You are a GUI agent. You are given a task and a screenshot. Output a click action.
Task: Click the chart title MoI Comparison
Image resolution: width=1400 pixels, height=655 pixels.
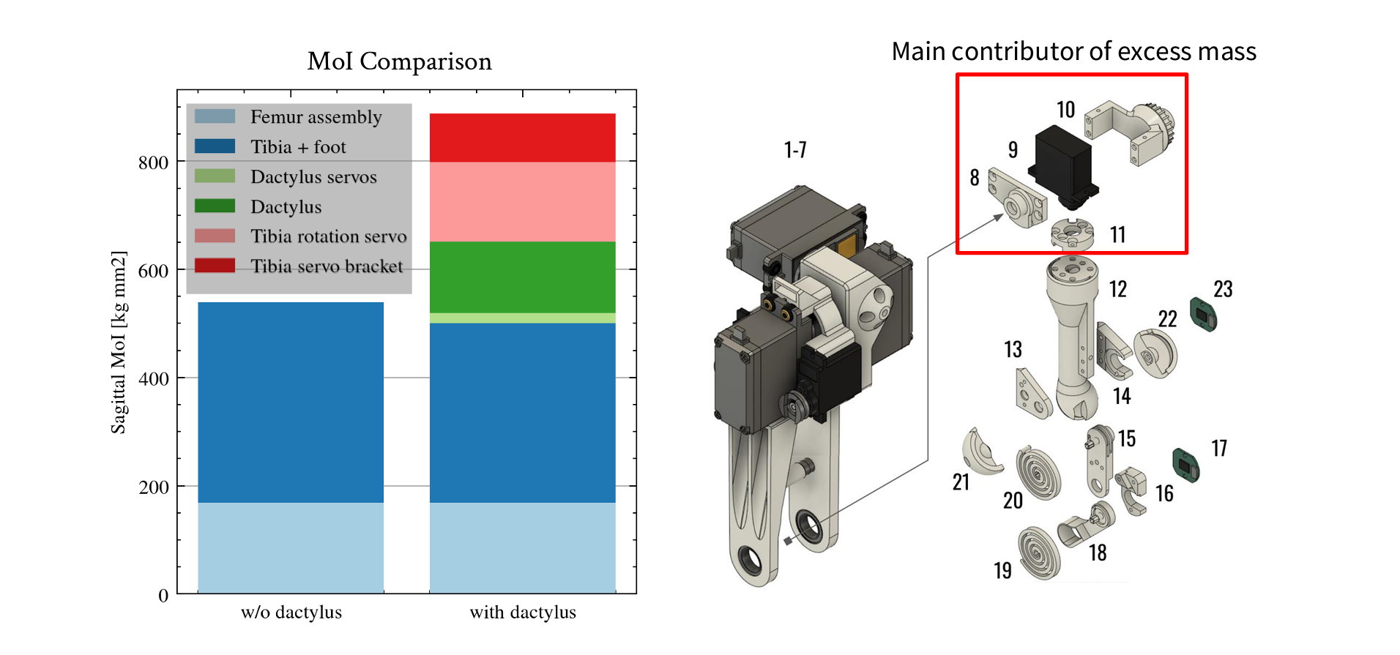coord(399,61)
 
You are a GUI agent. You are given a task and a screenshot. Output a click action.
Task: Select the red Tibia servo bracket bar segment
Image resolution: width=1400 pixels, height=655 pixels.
coord(522,138)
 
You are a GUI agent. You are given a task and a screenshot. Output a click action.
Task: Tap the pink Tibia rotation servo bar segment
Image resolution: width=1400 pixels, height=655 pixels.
coord(522,201)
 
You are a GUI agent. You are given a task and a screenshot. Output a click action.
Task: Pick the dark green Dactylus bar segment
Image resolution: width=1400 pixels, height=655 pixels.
coord(522,277)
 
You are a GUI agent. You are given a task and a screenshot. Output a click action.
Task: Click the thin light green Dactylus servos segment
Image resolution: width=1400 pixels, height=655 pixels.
coord(522,318)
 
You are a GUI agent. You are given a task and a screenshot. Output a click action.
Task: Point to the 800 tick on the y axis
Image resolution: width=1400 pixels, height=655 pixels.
coord(154,162)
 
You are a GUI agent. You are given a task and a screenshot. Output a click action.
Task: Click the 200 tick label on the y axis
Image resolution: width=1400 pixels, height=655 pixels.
coord(154,487)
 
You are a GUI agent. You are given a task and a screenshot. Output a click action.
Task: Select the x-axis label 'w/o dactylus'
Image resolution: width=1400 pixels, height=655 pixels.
coord(291,613)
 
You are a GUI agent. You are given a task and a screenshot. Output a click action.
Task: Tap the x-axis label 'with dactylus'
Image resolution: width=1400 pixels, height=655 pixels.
coord(523,613)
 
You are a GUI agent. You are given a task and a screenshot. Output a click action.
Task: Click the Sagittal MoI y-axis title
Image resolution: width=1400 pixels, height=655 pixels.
coord(119,343)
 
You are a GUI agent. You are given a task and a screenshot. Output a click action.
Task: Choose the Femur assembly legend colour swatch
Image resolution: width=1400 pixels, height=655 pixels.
coord(215,117)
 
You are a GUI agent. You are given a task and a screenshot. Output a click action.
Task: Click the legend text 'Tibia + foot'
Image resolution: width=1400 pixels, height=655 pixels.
coord(298,147)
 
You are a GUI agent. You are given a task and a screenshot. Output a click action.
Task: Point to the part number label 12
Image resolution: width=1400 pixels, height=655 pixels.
coord(1117,289)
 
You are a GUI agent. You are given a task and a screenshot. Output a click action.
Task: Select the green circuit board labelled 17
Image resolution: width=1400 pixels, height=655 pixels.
coord(1186,465)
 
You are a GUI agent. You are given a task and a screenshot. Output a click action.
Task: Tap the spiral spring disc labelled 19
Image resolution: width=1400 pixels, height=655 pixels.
coord(1038,553)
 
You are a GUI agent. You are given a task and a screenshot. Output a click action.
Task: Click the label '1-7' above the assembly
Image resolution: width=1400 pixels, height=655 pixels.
coord(794,150)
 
